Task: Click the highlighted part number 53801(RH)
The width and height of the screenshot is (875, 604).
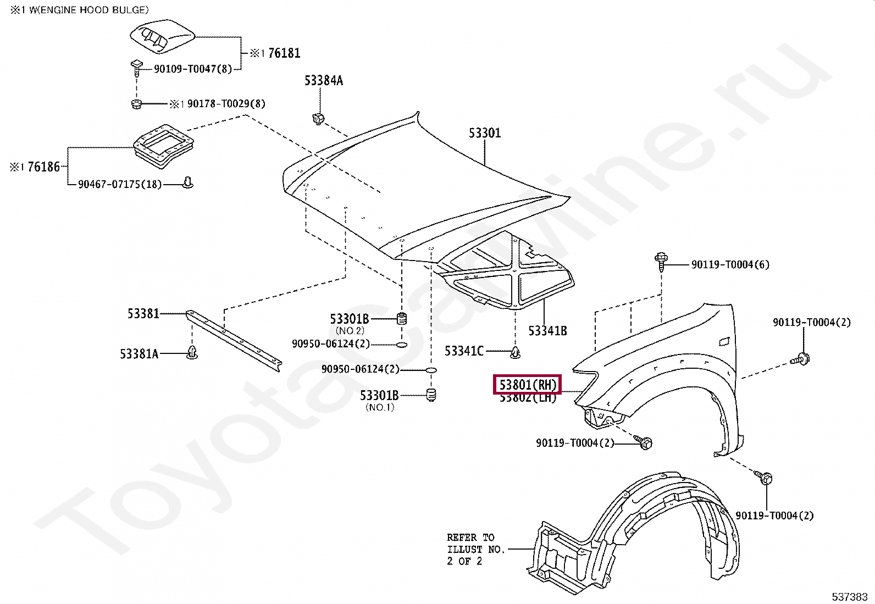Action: (x=527, y=385)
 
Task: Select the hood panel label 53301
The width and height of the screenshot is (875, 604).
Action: (x=485, y=133)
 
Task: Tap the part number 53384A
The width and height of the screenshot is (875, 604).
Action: (x=323, y=81)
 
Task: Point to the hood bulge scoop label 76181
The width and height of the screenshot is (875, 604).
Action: (x=284, y=53)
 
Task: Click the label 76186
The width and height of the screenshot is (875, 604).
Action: (x=43, y=167)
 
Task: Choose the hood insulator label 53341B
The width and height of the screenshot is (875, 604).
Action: (x=547, y=331)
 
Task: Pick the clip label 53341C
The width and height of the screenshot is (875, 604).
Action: (x=464, y=351)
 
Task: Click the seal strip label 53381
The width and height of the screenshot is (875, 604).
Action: (x=143, y=313)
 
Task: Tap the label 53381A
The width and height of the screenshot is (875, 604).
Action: (x=139, y=354)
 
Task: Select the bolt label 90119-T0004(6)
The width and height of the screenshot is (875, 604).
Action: (x=730, y=264)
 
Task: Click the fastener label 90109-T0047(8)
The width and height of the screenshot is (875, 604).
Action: (x=192, y=69)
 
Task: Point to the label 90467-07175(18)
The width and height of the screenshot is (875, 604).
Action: (x=119, y=184)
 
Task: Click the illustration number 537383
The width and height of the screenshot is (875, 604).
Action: (x=849, y=596)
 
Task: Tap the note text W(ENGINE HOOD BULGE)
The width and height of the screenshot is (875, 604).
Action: (x=88, y=10)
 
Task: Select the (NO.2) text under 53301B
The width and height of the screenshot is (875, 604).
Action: (x=350, y=331)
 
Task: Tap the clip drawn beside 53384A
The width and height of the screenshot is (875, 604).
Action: (x=318, y=118)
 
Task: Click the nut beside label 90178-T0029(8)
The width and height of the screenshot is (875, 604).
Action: (x=137, y=104)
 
